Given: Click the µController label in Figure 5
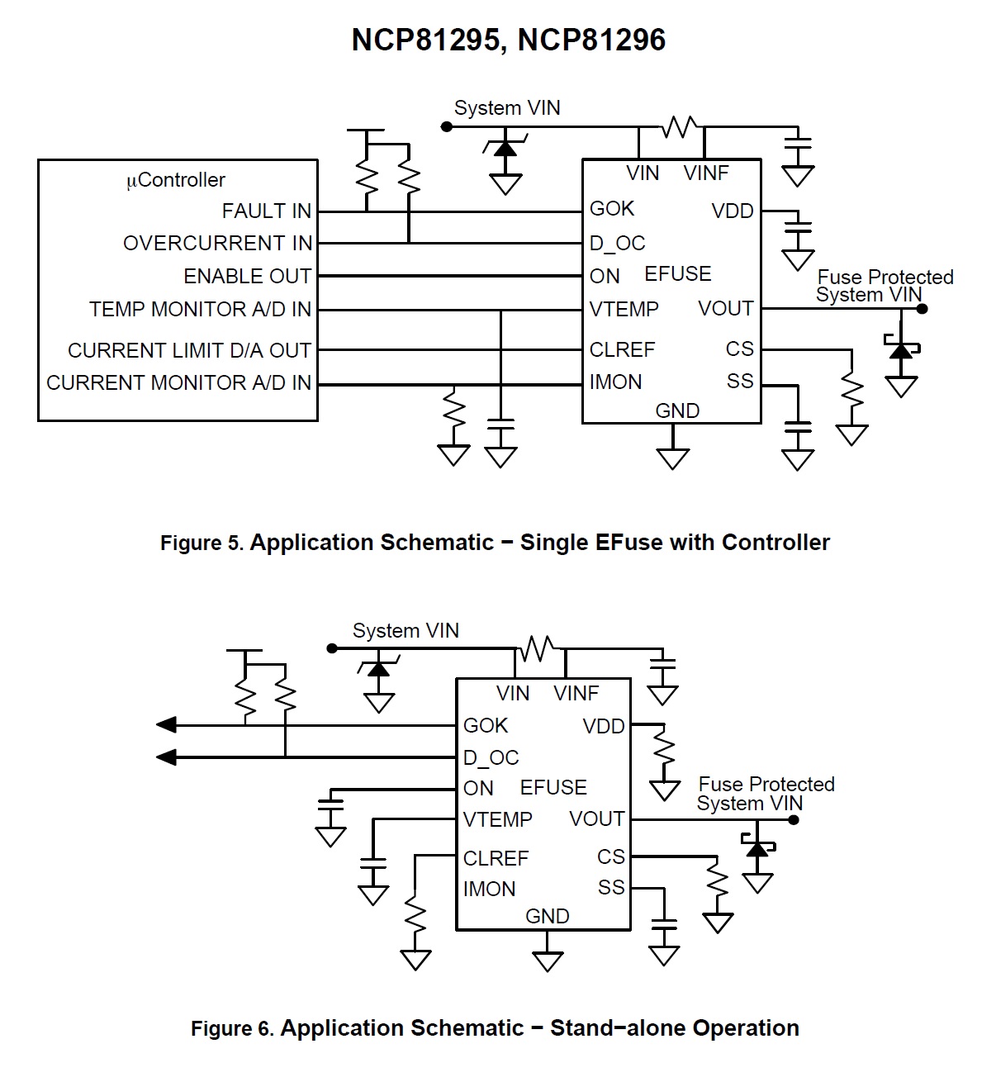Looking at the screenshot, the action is [x=176, y=180].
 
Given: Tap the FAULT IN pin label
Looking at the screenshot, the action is [x=267, y=211].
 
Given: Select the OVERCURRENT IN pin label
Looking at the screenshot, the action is [x=217, y=244].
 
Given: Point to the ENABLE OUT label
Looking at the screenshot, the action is [x=248, y=276].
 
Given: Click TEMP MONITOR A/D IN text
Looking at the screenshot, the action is [x=200, y=309].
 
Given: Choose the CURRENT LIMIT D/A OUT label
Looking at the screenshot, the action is [x=189, y=350].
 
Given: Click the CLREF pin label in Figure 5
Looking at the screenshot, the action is [x=622, y=350].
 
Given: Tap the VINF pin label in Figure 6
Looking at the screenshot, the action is [x=576, y=693].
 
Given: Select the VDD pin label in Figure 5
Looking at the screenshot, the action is [x=733, y=211].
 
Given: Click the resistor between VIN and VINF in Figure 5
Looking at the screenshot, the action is [x=681, y=127].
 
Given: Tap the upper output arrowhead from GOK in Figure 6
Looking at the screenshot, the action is [x=166, y=725].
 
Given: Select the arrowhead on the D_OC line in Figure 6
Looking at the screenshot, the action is [x=166, y=757].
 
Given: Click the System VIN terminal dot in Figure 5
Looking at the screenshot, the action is [x=447, y=127].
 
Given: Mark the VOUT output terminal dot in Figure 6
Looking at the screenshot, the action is [x=793, y=820].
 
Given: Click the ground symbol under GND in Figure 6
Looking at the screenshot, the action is [x=548, y=961].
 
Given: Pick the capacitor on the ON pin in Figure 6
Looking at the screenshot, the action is [x=330, y=804].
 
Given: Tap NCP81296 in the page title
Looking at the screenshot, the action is [x=591, y=40].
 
